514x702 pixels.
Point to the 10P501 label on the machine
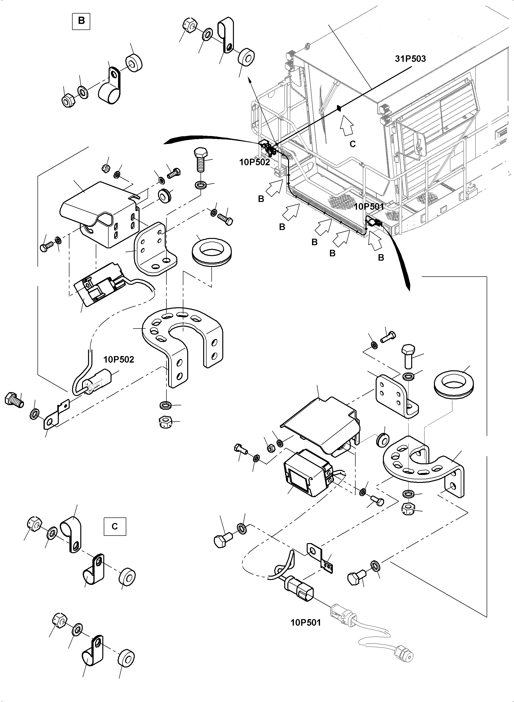369,207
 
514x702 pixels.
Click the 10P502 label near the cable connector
119,359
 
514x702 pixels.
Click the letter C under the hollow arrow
352,144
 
